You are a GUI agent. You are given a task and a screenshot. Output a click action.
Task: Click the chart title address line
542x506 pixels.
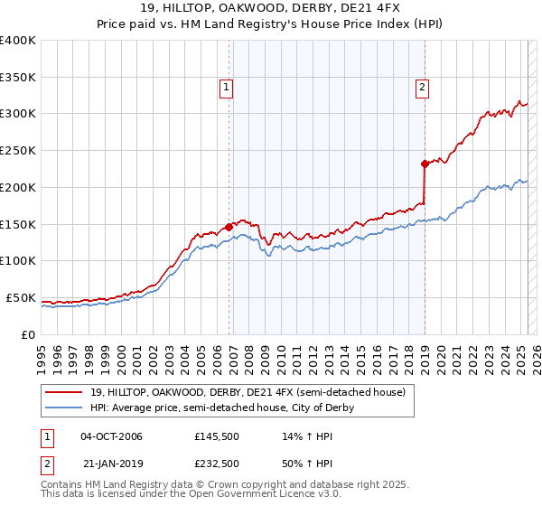click(x=271, y=9)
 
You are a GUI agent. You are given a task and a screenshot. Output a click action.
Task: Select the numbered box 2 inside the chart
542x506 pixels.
click(x=422, y=88)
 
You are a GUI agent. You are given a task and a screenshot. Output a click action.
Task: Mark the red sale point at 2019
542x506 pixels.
click(x=424, y=164)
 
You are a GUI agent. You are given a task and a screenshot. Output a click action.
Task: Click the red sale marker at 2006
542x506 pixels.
click(x=229, y=228)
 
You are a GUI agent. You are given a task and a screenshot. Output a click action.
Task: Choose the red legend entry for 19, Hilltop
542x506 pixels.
click(x=248, y=392)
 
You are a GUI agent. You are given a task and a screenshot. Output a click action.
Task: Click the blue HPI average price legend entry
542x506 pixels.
click(x=221, y=408)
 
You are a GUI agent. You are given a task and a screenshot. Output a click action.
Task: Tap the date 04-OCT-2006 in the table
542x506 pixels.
click(x=111, y=436)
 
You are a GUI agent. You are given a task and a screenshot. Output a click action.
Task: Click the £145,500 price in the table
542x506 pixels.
click(x=217, y=436)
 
